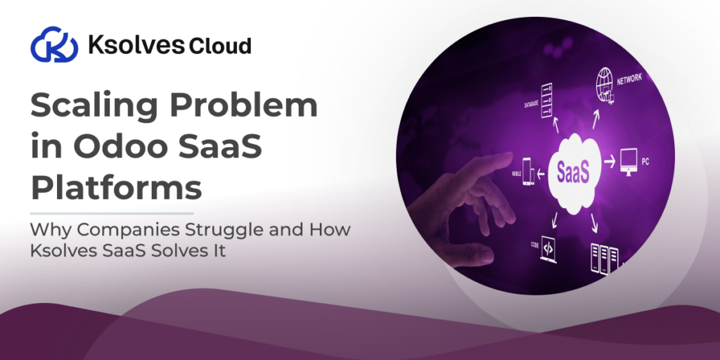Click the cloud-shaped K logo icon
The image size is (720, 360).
tap(53, 46)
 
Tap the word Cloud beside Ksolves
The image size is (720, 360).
tap(219, 46)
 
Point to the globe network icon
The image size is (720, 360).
tap(606, 82)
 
